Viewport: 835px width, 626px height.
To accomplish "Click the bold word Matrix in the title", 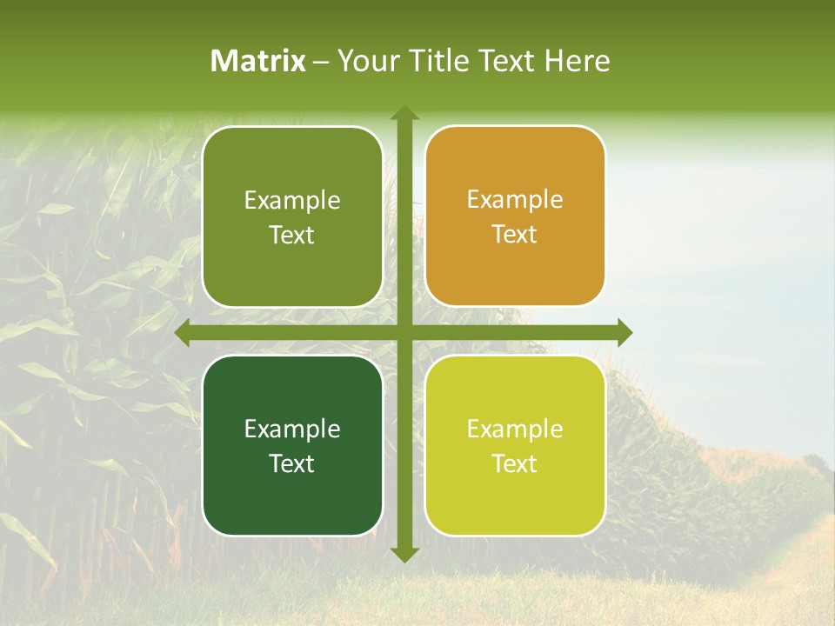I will click(x=258, y=61).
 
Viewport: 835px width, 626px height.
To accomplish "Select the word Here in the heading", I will click(x=577, y=61).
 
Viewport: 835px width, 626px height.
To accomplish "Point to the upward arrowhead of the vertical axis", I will click(x=404, y=113).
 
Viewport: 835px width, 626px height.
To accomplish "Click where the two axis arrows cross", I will click(x=404, y=332).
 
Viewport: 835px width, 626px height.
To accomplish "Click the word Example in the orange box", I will click(x=515, y=200).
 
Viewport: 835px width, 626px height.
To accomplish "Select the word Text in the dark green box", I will click(x=292, y=463).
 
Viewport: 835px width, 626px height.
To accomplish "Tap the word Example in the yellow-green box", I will click(x=515, y=429).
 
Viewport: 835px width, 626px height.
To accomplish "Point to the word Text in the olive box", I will click(x=292, y=235).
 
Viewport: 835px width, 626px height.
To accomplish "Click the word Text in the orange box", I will click(x=515, y=235).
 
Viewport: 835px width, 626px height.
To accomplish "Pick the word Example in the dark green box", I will click(x=292, y=429).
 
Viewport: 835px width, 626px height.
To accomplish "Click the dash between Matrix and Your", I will click(x=321, y=62).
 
